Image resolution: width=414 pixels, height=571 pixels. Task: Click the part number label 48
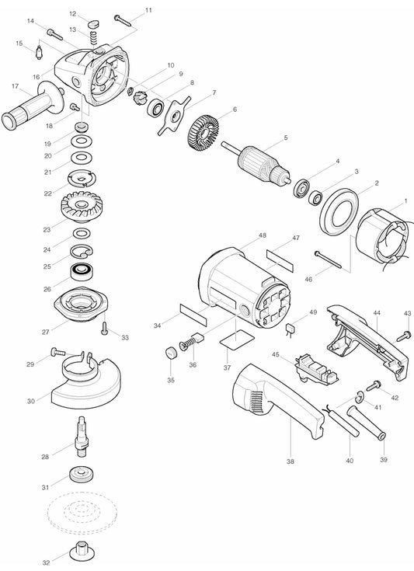pyautogui.click(x=263, y=235)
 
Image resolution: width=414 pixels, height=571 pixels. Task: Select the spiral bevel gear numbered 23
pyautogui.click(x=82, y=207)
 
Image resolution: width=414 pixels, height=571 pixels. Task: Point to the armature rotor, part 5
pyautogui.click(x=256, y=163)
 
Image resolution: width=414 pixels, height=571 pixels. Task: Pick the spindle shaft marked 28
pyautogui.click(x=82, y=436)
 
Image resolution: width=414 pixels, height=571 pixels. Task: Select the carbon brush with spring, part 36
pyautogui.click(x=193, y=342)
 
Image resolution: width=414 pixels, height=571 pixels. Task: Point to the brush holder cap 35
pyautogui.click(x=171, y=353)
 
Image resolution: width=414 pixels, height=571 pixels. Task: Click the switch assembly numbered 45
pyautogui.click(x=317, y=368)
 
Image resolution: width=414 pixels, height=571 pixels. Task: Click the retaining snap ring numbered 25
pyautogui.click(x=82, y=252)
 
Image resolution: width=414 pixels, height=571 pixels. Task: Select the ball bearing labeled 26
pyautogui.click(x=82, y=272)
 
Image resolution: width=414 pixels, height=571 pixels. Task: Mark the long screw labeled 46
pyautogui.click(x=328, y=259)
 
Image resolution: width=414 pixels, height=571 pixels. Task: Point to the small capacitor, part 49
pyautogui.click(x=290, y=329)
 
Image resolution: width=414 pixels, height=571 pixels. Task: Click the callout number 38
pyautogui.click(x=290, y=461)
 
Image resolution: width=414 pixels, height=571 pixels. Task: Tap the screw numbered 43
pyautogui.click(x=403, y=336)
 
